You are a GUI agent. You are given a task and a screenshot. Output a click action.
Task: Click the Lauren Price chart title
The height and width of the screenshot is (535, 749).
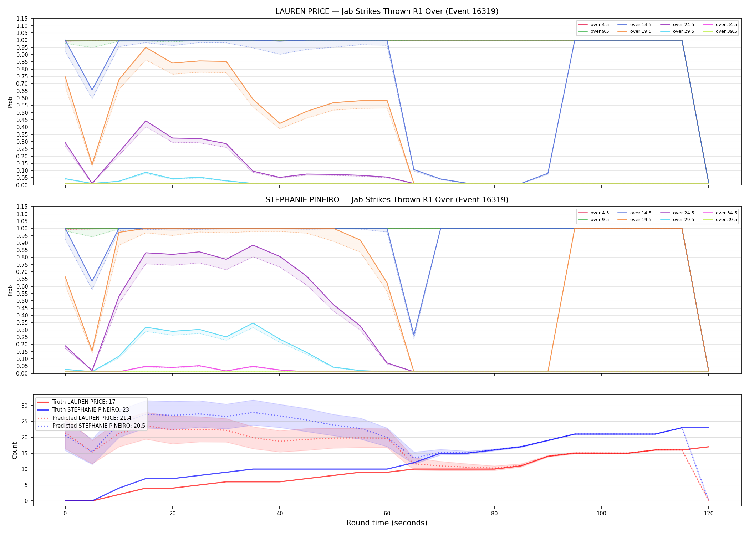(387, 11)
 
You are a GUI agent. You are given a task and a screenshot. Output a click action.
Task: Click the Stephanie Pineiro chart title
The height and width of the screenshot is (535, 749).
(387, 200)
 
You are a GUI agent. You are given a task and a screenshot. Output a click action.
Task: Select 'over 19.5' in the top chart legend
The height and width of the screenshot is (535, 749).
(641, 31)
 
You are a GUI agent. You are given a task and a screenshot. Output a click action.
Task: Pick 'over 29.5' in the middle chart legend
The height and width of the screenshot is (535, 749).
(683, 220)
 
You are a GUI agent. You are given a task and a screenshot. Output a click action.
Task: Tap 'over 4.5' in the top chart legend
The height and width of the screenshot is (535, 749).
(600, 25)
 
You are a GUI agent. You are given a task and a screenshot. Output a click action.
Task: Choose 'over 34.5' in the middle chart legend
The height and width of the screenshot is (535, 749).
(726, 213)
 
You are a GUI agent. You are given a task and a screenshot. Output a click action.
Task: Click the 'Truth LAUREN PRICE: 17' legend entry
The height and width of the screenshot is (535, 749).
(84, 402)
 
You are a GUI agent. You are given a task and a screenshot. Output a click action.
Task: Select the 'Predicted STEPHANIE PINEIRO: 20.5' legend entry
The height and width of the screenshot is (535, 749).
(99, 426)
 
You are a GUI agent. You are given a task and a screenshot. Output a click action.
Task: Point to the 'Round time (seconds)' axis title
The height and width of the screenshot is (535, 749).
(387, 523)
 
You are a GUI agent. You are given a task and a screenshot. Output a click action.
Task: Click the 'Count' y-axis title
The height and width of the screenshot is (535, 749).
(15, 450)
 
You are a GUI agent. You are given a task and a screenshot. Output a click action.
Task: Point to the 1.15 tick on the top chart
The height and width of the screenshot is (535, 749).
(22, 19)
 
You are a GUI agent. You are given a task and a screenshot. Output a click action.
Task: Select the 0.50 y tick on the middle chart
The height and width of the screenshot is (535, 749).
(22, 301)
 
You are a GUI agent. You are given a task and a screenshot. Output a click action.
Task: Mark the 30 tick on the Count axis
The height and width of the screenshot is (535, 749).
(24, 406)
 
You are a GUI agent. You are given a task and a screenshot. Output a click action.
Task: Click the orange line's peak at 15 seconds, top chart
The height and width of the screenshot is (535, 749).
(146, 47)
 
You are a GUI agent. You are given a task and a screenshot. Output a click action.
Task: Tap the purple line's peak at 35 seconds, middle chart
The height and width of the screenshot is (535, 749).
(253, 245)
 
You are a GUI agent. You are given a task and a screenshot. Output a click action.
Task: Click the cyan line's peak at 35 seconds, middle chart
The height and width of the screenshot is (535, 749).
(253, 323)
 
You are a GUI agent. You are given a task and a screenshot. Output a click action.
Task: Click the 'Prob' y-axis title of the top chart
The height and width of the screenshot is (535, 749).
(10, 102)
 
